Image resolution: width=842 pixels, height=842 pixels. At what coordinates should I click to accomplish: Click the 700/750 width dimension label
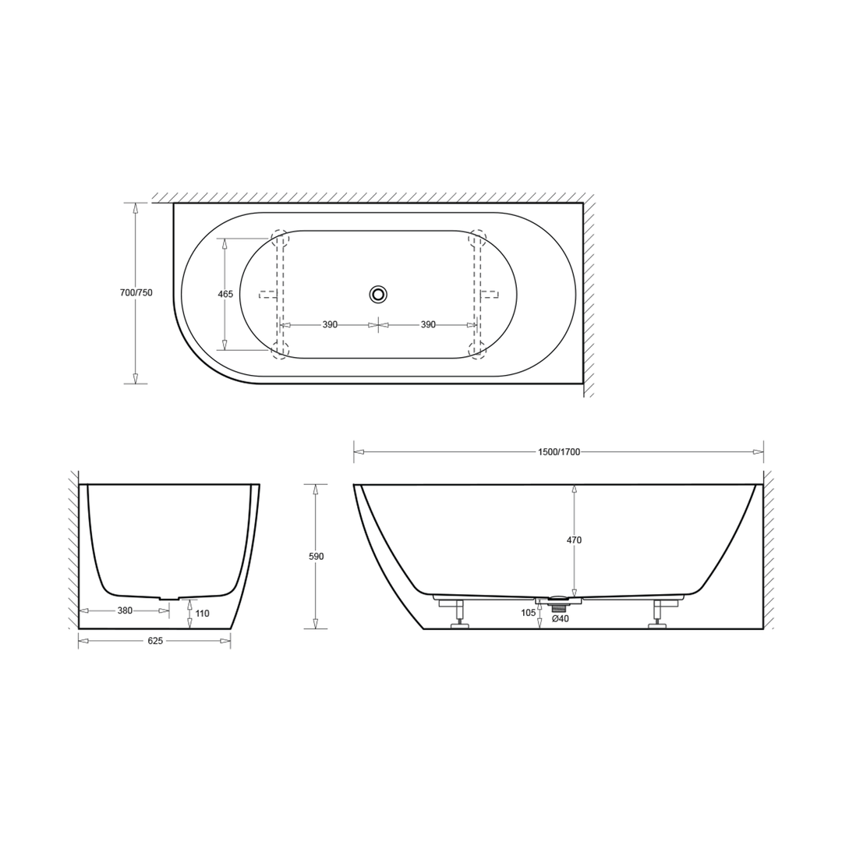136,293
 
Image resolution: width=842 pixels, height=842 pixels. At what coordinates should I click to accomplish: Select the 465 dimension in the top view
225,294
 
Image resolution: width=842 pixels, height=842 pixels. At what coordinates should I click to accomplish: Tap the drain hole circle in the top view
378,294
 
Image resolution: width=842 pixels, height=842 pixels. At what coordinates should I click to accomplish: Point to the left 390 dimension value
330,324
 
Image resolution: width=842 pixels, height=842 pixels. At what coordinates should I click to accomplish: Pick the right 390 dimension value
428,324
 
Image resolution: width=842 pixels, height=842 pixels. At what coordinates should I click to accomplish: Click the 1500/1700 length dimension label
558,451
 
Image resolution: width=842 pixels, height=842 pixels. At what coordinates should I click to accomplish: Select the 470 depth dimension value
575,540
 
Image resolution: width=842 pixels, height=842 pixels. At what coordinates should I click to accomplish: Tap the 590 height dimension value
316,557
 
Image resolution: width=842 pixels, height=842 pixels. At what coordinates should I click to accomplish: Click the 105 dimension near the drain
529,612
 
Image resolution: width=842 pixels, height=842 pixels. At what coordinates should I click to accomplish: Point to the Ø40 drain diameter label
560,619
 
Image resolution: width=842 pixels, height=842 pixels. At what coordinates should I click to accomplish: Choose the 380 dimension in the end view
125,610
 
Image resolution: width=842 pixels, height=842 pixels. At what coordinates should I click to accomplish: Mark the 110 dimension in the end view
202,614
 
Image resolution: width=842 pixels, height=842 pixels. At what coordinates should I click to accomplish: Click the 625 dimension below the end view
154,641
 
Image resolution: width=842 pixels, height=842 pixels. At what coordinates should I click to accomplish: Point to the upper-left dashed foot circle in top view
279,238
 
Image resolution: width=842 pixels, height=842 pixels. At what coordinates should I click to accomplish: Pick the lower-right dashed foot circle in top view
477,349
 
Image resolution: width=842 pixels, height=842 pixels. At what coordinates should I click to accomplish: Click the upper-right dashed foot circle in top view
477,238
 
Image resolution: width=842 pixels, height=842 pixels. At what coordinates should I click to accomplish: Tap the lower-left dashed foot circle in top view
279,349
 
